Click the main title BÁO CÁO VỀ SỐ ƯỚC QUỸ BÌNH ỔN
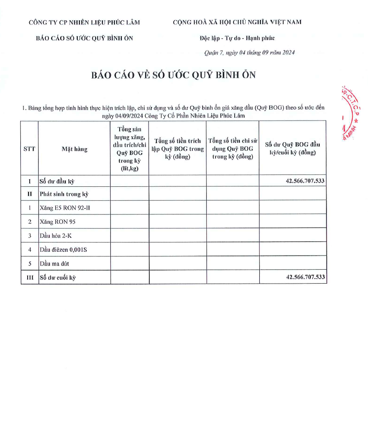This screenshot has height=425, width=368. click(x=174, y=75)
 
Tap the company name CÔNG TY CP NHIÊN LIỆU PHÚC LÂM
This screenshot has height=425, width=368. click(x=84, y=23)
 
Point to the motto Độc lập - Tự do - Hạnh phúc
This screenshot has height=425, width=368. click(x=237, y=38)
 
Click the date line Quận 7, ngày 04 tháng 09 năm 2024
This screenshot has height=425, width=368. click(x=249, y=53)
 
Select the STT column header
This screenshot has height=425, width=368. click(x=29, y=149)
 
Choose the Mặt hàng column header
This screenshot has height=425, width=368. click(x=74, y=149)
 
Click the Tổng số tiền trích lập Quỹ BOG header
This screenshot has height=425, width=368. click(x=177, y=149)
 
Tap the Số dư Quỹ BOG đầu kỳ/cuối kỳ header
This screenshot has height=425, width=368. click(x=292, y=149)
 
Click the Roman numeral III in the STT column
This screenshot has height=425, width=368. click(x=29, y=278)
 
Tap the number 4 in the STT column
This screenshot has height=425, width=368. click(x=29, y=250)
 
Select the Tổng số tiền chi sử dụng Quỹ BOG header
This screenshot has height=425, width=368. click(x=233, y=149)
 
